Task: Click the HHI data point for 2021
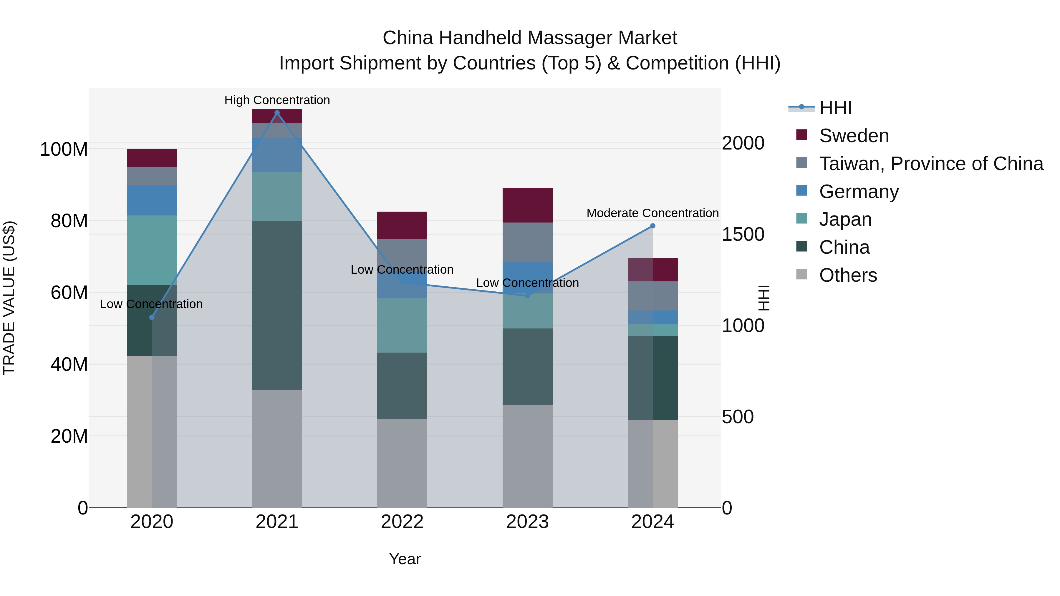(x=277, y=113)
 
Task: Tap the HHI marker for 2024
(x=652, y=226)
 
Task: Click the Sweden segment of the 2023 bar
(x=528, y=205)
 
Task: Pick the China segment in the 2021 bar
(x=277, y=306)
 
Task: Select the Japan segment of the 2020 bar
(x=152, y=250)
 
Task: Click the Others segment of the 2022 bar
(x=402, y=463)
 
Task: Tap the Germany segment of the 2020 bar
(x=152, y=200)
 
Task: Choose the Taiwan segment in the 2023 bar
(x=528, y=242)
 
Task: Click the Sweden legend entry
(x=854, y=136)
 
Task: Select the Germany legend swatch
(x=801, y=191)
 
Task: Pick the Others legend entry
(x=848, y=275)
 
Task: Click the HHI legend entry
(x=835, y=108)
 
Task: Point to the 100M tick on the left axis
(x=64, y=149)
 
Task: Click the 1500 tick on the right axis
(x=743, y=235)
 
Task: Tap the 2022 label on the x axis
(x=402, y=522)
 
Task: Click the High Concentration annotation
(x=277, y=100)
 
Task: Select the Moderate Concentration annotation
(x=652, y=213)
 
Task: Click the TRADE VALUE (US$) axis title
(x=9, y=298)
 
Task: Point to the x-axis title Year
(x=405, y=559)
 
